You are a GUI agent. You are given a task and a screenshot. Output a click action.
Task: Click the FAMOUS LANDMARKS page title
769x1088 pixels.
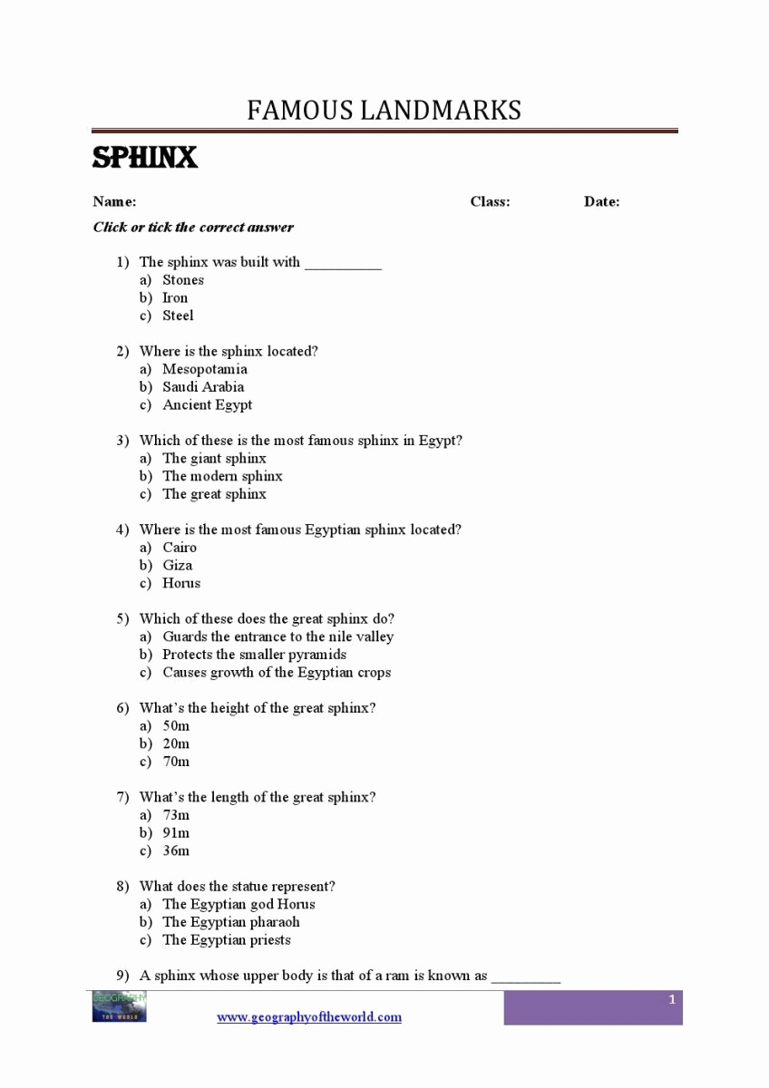(384, 111)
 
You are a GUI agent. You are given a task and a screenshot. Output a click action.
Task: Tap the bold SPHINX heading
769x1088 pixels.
(145, 158)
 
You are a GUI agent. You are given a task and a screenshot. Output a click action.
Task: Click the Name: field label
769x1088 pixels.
(114, 201)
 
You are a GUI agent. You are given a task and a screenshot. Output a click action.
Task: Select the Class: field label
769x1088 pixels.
(490, 201)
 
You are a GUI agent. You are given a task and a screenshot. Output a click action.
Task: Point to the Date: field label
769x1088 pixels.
(601, 201)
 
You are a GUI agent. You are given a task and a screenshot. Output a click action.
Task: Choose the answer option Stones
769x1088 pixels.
(183, 280)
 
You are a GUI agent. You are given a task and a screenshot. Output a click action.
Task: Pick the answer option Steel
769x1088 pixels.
(178, 316)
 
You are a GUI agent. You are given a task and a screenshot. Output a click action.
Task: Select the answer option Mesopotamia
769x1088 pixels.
(204, 369)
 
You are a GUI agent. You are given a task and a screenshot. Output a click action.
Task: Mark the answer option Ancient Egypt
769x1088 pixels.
(207, 404)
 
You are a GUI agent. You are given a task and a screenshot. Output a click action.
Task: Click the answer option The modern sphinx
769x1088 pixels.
(222, 476)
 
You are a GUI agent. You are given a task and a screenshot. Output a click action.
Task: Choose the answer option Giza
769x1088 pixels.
(177, 565)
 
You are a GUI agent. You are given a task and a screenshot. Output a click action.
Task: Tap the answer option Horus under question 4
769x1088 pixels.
(181, 583)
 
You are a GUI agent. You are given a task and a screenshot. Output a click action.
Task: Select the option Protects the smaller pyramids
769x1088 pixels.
(254, 655)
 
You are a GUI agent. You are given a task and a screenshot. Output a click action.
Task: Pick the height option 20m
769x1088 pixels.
(176, 743)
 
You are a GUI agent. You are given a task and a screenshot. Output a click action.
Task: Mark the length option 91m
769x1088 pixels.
(176, 832)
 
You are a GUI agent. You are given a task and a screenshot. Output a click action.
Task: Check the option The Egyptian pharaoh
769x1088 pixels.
(230, 922)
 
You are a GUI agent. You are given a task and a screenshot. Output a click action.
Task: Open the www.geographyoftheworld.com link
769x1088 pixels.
(308, 1017)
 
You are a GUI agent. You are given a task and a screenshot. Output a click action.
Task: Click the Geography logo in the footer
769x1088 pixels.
(119, 1006)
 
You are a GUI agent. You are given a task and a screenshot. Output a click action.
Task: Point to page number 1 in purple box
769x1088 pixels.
(672, 999)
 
